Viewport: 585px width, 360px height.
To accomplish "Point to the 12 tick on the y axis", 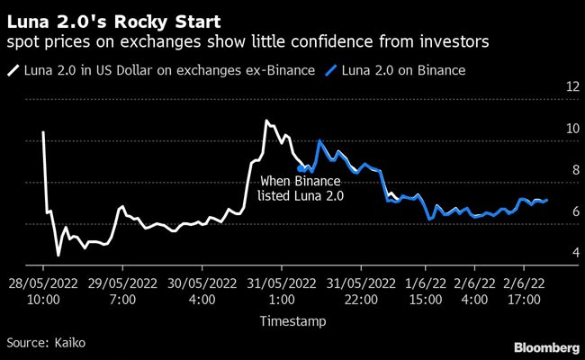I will (x=571, y=87).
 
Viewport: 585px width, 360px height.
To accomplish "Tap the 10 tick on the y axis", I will (x=571, y=129).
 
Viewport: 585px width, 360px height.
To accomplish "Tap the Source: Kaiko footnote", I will (x=41, y=343).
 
